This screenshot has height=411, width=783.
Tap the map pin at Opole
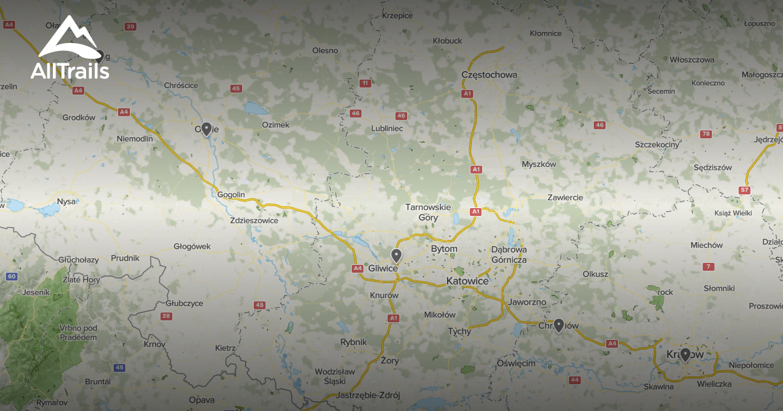pyautogui.click(x=206, y=129)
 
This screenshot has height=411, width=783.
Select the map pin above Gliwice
pyautogui.click(x=395, y=255)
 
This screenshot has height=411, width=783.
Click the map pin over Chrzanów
pyautogui.click(x=559, y=326)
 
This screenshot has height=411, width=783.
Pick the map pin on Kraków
pyautogui.click(x=685, y=354)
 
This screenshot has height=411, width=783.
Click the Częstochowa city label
pyautogui.click(x=489, y=74)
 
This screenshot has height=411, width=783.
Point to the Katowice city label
pyautogui.click(x=467, y=281)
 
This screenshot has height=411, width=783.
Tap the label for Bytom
pyautogui.click(x=444, y=249)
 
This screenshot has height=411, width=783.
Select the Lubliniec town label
pyautogui.click(x=387, y=129)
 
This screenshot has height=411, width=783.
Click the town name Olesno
pyautogui.click(x=325, y=50)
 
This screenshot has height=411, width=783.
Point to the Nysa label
pyautogui.click(x=67, y=202)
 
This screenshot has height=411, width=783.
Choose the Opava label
pyautogui.click(x=201, y=400)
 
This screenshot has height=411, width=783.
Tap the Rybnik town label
pyautogui.click(x=354, y=342)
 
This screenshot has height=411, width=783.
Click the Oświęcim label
pyautogui.click(x=516, y=363)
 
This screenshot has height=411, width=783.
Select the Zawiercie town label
pyautogui.click(x=566, y=197)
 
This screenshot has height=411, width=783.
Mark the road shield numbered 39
pyautogui.click(x=130, y=27)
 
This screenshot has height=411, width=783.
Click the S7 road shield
pyautogui.click(x=745, y=190)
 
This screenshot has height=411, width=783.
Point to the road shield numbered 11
pyautogui.click(x=365, y=83)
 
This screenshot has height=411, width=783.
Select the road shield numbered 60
pyautogui.click(x=12, y=277)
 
